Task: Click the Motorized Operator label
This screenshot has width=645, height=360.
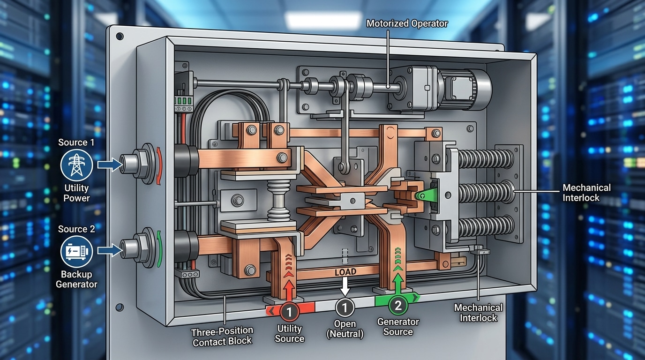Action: click(406, 23)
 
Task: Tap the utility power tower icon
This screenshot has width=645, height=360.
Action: click(76, 165)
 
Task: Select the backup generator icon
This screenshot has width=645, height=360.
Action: click(76, 252)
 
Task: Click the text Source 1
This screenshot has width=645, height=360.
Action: click(76, 142)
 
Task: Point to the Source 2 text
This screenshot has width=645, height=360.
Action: click(76, 229)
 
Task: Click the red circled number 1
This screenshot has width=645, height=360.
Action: click(289, 311)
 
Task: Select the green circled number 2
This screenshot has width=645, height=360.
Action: click(397, 306)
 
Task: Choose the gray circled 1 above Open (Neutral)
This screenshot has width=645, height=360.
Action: click(345, 307)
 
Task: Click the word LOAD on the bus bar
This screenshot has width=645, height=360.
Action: click(345, 272)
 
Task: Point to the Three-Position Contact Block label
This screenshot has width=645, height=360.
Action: click(222, 337)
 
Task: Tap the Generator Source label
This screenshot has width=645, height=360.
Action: click(397, 327)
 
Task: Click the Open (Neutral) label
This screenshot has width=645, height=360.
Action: click(345, 329)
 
